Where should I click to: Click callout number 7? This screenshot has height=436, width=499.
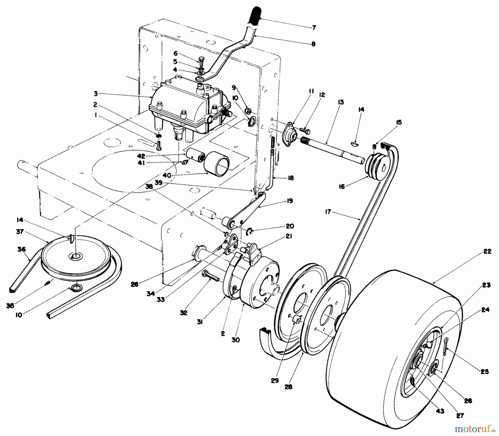[x=314, y=28]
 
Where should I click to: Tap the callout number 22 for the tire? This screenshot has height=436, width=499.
[x=487, y=251]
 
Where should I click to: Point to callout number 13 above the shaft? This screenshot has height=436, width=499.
[x=341, y=102]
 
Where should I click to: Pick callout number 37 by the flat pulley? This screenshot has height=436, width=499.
[x=20, y=231]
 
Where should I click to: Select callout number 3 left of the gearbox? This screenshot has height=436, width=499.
[x=96, y=94]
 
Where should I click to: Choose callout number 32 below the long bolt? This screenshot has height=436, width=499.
[x=184, y=313]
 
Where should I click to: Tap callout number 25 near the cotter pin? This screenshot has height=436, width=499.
[x=485, y=372]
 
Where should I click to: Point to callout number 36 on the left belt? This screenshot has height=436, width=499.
[x=21, y=249]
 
